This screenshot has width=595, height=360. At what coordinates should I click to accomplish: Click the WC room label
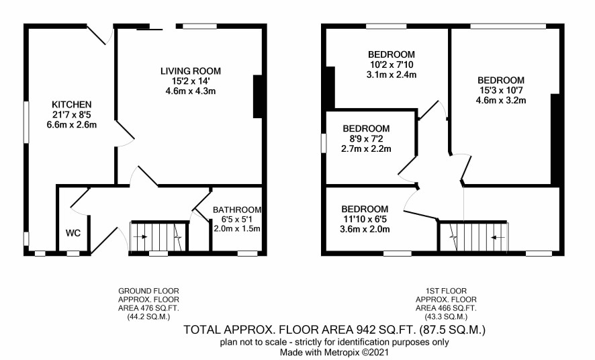pos(73,233)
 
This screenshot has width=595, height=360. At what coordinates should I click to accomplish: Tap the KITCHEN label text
pos(72,104)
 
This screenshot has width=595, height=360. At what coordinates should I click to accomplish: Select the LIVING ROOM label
pos(191,71)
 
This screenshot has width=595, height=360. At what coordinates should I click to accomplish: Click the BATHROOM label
pos(237,210)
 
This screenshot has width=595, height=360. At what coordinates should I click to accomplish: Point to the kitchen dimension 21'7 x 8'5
pos(72,114)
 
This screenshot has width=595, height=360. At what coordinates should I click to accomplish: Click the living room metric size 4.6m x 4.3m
pos(191,91)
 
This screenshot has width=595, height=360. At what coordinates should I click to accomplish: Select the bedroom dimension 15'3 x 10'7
pos(501,90)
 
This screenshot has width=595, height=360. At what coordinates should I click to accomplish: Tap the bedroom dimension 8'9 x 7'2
pos(366,138)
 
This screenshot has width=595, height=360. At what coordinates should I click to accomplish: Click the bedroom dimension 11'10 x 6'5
pos(365,219)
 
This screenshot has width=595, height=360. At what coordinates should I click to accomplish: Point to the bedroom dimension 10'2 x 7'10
pos(392,64)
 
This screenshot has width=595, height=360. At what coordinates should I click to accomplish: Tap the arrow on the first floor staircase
pos(498,238)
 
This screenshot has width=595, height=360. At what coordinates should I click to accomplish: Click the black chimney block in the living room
pos(258,96)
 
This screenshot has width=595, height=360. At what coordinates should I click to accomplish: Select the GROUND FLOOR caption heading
pos(149,291)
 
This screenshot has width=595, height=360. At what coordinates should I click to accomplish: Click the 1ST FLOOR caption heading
pos(446,291)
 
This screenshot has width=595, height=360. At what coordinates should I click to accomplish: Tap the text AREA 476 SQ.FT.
pos(149,308)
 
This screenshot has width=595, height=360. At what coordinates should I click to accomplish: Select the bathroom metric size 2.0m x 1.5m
pos(237,229)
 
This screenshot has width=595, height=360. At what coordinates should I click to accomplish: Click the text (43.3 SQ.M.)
pos(446,316)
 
